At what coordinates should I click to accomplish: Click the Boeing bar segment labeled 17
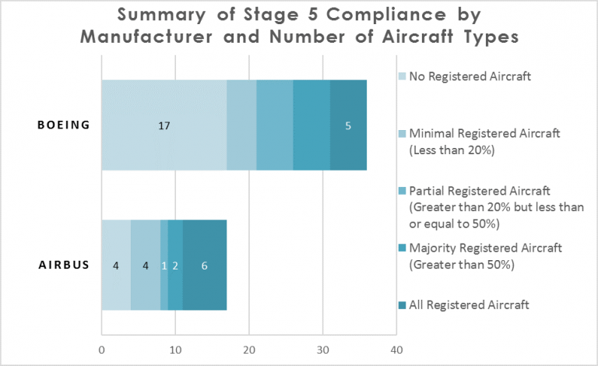[x=164, y=125]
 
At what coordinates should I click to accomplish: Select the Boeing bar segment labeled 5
[x=348, y=125]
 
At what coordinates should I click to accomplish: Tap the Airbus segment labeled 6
[x=205, y=265]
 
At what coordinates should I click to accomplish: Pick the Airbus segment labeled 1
[x=164, y=265]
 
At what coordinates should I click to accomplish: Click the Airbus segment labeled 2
[x=175, y=265]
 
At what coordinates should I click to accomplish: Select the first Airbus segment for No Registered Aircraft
[x=116, y=265]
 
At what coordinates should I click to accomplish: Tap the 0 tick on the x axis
[x=102, y=350]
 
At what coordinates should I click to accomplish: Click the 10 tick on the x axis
[x=175, y=350]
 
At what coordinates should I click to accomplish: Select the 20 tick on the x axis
[x=249, y=350]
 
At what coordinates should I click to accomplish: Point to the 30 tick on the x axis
[x=322, y=350]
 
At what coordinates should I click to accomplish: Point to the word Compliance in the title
[x=350, y=15]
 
